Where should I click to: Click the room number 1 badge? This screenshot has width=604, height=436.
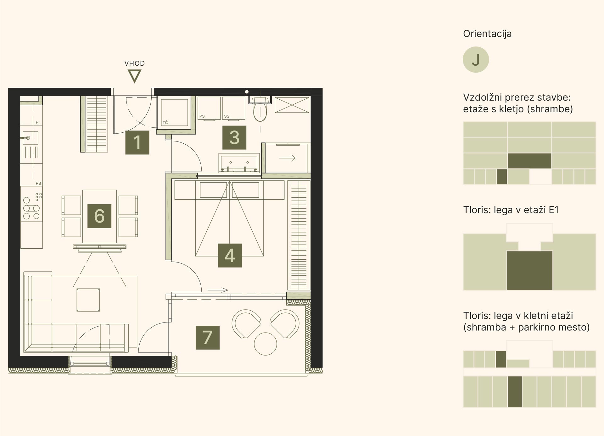[x=137, y=142]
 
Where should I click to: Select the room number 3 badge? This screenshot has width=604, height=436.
[x=234, y=137]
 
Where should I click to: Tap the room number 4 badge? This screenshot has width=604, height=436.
[x=230, y=255]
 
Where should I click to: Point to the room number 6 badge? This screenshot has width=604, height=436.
[x=99, y=216]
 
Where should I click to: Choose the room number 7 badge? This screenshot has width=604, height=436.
[x=208, y=338]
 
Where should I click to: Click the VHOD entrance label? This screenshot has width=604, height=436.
[x=135, y=63]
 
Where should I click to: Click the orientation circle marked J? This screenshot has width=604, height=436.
[x=476, y=60]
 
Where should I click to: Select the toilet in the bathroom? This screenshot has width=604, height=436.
[x=260, y=108]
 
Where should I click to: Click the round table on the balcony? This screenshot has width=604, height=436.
[x=266, y=344]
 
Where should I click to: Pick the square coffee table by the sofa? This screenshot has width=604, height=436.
[x=88, y=300]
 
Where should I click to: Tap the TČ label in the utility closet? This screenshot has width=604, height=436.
[x=165, y=123]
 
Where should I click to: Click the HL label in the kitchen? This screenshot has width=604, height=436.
[x=38, y=123]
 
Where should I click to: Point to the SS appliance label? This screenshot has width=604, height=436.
[x=227, y=116]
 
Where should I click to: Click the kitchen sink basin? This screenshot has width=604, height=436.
[x=30, y=138]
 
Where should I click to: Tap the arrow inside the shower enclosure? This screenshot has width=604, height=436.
[x=287, y=158]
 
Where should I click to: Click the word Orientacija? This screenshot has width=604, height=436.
[x=487, y=34]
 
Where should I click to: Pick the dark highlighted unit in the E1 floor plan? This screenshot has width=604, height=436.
[x=529, y=271]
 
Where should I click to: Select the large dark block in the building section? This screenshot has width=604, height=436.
[x=529, y=161]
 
